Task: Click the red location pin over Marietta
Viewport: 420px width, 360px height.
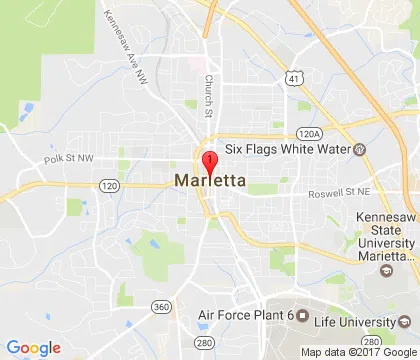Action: [210, 163]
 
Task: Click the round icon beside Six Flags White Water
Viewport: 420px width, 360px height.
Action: [360, 149]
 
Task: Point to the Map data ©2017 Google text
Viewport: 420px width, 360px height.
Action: [361, 352]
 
